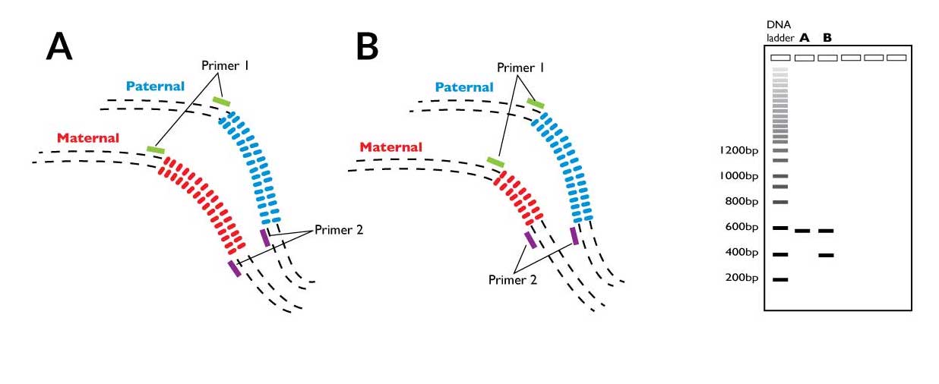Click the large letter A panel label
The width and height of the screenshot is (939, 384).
[59, 47]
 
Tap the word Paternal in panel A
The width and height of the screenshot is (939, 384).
[156, 87]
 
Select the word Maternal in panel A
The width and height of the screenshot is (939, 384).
[88, 138]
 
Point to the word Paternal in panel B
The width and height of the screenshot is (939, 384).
[464, 87]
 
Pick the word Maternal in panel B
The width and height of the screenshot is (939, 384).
[390, 146]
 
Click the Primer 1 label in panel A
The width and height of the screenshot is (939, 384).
[225, 66]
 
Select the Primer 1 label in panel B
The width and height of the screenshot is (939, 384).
[520, 68]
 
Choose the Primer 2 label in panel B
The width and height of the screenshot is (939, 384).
[513, 279]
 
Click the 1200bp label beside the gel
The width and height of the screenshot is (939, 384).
[738, 150]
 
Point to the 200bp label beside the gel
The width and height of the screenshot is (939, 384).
[741, 278]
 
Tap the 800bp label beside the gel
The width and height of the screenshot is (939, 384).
[741, 201]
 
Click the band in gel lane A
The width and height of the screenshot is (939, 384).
[802, 230]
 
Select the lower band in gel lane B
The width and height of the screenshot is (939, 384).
[826, 256]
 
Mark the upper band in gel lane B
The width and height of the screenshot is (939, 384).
[826, 230]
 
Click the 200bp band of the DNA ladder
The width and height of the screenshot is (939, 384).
[780, 280]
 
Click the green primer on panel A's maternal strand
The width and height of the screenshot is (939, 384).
[156, 150]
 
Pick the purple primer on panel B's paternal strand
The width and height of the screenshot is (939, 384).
[574, 235]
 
